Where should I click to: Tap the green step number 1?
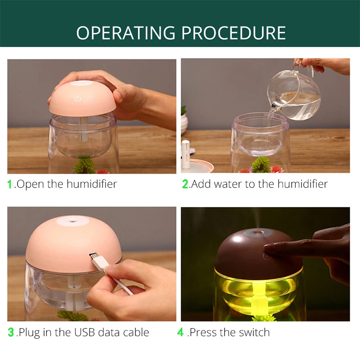[x=10, y=184]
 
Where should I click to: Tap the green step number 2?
[x=185, y=184]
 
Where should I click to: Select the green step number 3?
[x=11, y=333]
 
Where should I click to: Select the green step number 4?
[x=180, y=333]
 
